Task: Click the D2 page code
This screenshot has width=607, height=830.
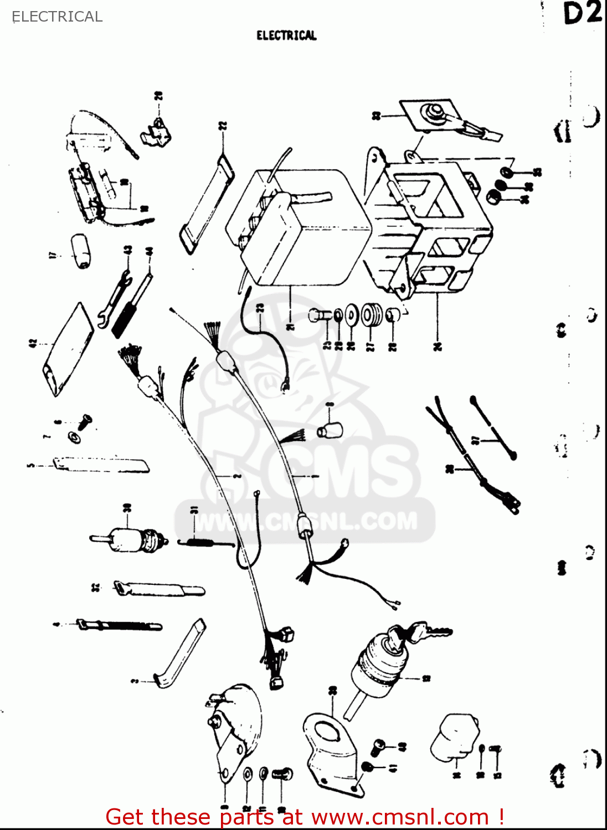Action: pos(582,13)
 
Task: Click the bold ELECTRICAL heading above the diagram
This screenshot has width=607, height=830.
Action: pos(286,35)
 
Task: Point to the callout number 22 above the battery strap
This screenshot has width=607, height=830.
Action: pos(223,127)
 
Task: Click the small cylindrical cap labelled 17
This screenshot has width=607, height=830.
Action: pos(81,252)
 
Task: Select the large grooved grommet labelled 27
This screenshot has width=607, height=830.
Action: pos(371,315)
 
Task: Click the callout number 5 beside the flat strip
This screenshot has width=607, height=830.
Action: pos(30,465)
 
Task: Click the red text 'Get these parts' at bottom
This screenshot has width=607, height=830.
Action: pos(188,817)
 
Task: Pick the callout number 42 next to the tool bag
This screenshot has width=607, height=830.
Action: pos(32,344)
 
